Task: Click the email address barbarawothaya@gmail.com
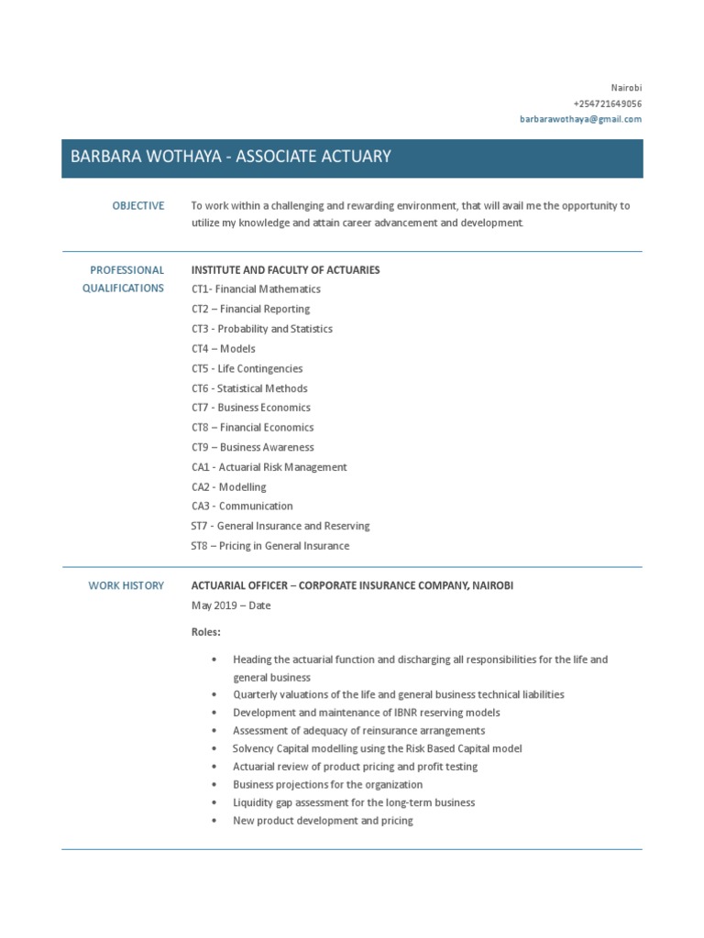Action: [x=581, y=119]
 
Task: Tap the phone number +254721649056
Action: [x=607, y=104]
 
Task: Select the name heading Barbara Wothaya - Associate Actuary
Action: [x=231, y=157]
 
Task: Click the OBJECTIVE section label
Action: [x=138, y=206]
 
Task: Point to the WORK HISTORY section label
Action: [x=126, y=585]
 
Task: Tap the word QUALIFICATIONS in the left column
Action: [x=123, y=288]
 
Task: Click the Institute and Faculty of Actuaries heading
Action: [x=285, y=270]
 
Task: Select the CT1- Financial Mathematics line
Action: [x=256, y=289]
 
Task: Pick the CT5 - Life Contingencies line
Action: [x=247, y=368]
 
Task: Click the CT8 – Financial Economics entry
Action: [x=252, y=428]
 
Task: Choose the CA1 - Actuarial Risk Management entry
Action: [x=269, y=467]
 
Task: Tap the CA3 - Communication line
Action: [x=242, y=507]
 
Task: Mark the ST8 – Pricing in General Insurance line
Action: [x=269, y=546]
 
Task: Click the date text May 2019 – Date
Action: [x=231, y=605]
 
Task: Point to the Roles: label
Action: [x=206, y=632]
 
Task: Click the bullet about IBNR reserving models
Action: [x=366, y=713]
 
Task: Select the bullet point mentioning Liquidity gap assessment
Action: [x=354, y=802]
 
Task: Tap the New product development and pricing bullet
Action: [x=323, y=821]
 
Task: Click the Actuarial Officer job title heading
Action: [x=352, y=585]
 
